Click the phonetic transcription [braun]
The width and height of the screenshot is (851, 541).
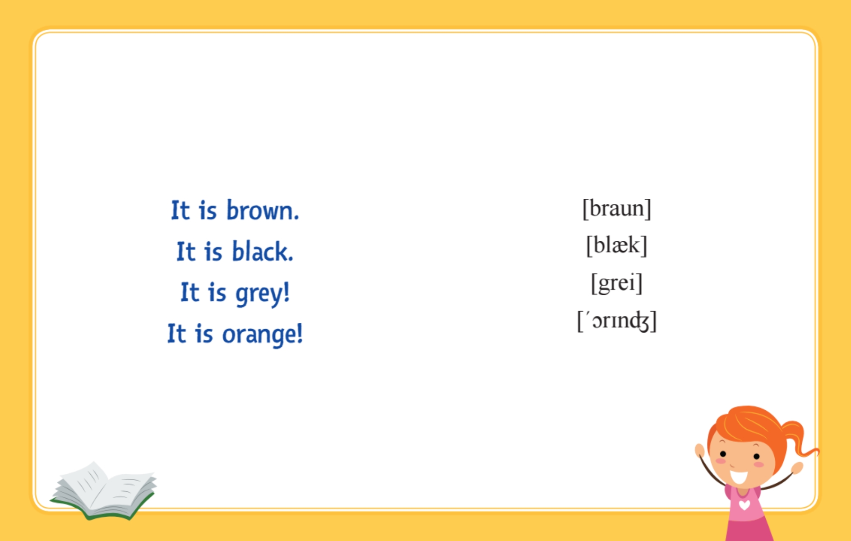617,208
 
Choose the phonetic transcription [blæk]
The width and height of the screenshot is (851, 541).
617,246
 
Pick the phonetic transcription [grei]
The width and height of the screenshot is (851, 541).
617,283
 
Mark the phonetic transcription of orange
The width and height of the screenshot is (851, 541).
617,321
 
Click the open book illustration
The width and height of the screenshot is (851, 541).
104,491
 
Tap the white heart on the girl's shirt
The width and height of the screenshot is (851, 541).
744,504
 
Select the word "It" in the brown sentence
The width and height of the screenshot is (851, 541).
180,210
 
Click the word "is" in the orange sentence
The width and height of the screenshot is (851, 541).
204,334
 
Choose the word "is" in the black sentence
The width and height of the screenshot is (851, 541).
213,252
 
